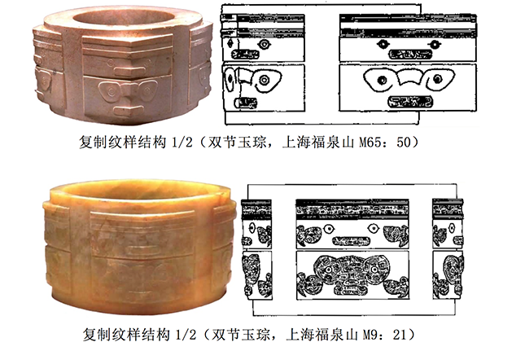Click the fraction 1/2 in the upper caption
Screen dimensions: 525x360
[182, 143]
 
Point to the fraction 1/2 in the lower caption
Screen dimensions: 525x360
[185, 334]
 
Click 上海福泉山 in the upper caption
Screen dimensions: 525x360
[318, 143]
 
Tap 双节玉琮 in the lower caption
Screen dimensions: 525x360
[240, 334]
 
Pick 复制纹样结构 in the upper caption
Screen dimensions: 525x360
[123, 143]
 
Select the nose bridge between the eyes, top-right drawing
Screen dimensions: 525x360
[409, 77]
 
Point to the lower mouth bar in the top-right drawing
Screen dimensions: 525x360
[409, 102]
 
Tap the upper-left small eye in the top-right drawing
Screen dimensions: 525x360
[382, 43]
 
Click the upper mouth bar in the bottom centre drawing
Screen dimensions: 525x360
[351, 241]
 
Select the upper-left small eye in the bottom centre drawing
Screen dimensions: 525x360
[330, 229]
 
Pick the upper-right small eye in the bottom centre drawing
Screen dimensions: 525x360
[373, 228]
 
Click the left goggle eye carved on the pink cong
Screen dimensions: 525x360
[110, 90]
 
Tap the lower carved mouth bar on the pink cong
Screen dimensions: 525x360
[129, 109]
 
